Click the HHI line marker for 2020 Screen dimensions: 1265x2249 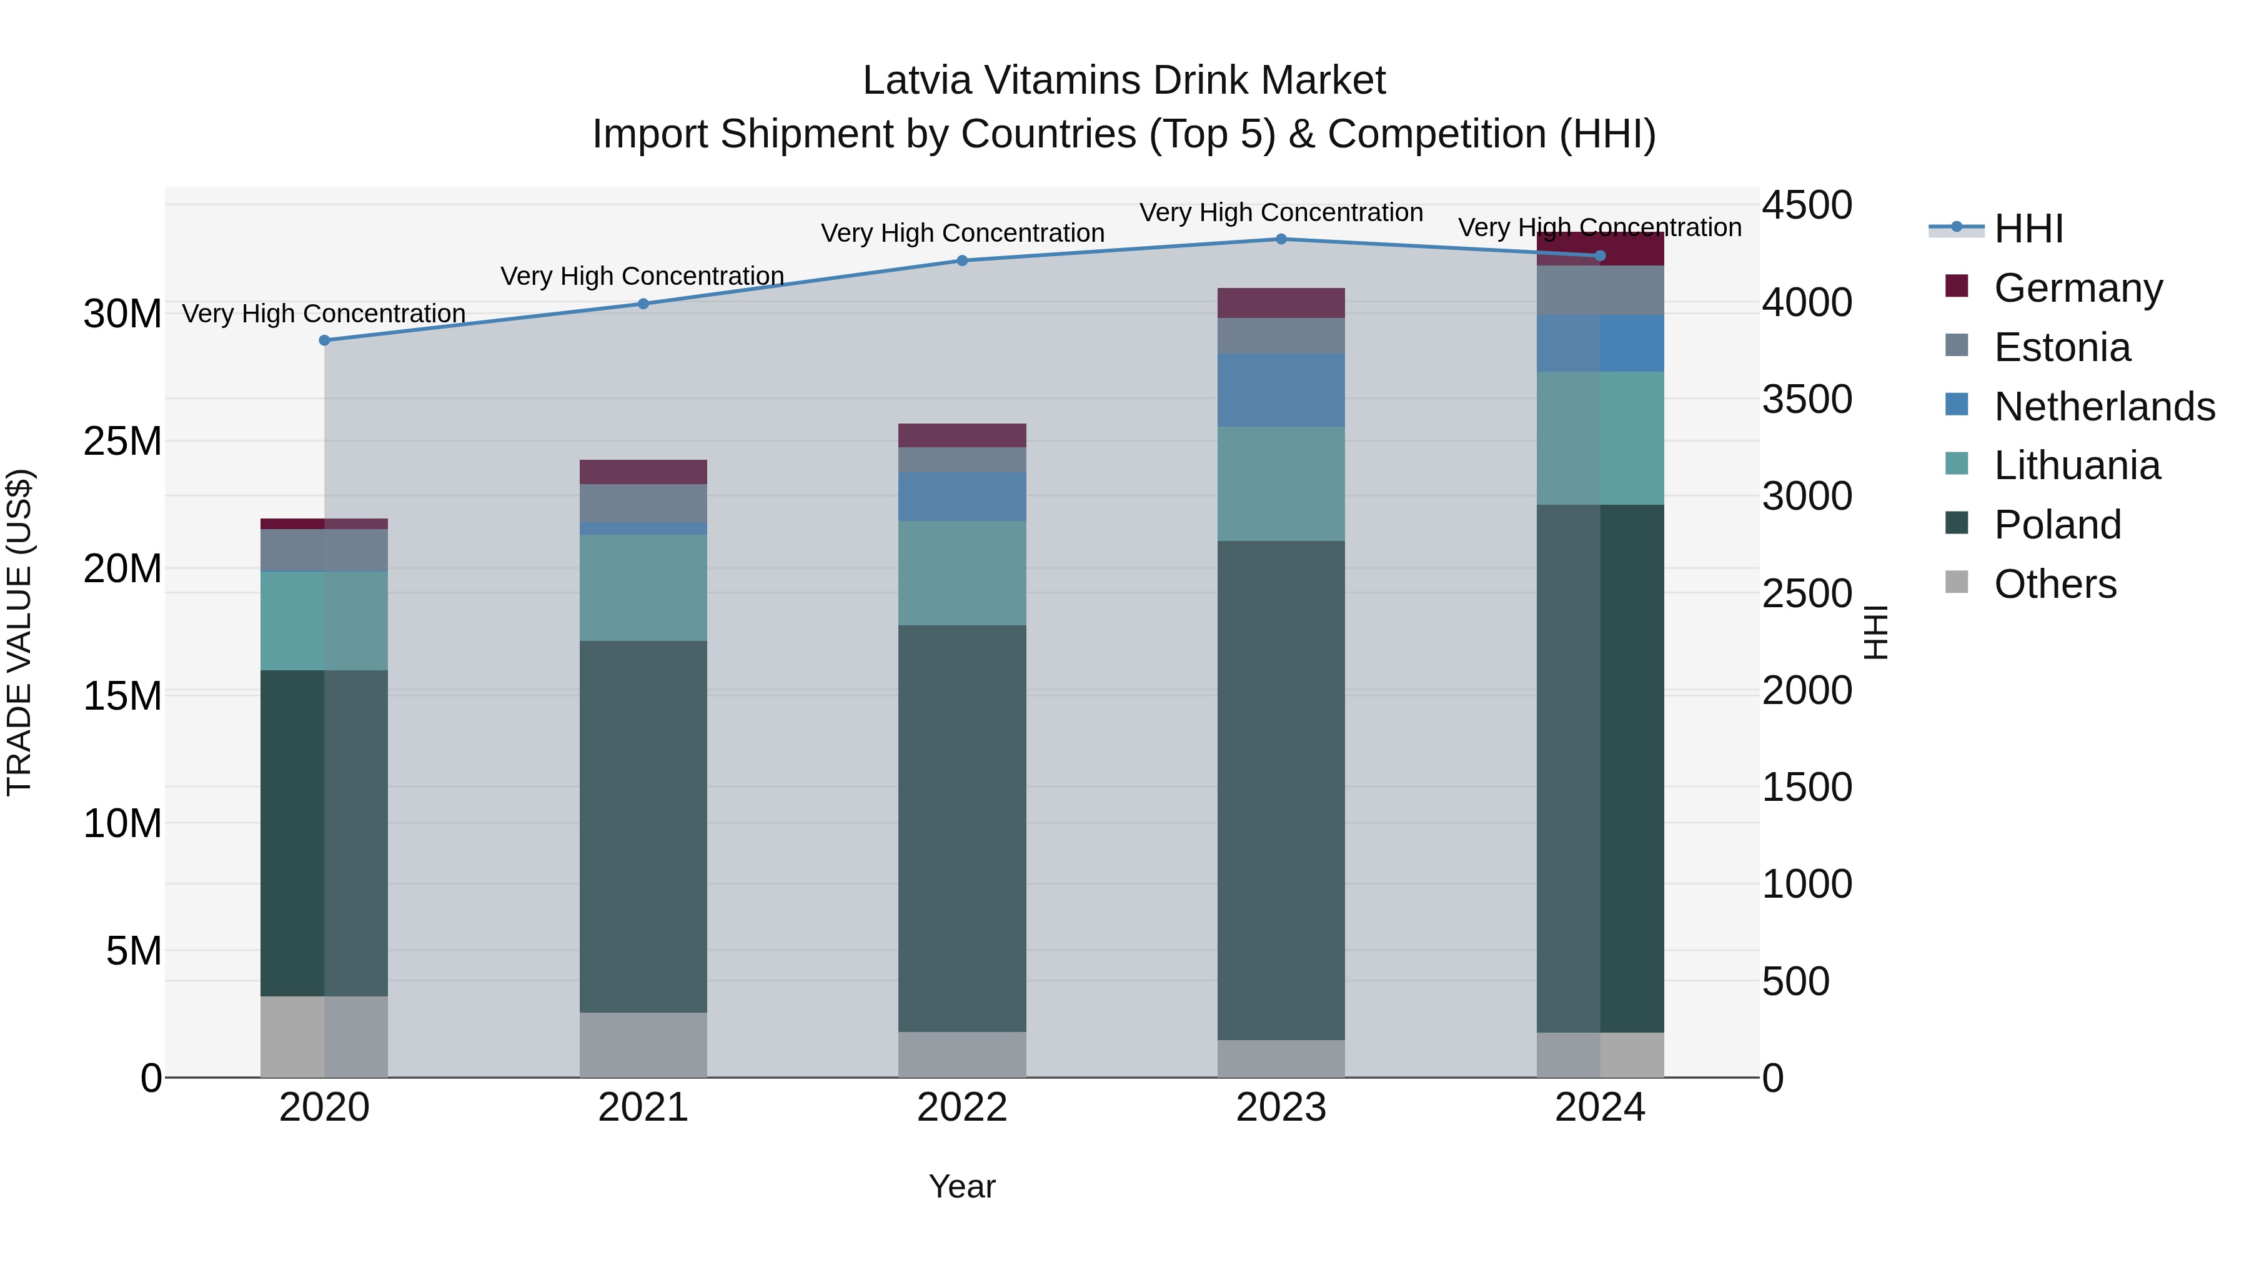coord(324,340)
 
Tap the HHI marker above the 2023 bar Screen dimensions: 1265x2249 coord(1281,239)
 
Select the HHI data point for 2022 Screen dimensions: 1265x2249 coord(962,260)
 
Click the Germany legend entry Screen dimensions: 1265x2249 coord(2077,288)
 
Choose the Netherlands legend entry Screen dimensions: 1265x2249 coord(2103,407)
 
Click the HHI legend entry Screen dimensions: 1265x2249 coord(2027,229)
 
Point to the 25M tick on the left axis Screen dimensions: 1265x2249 coord(122,442)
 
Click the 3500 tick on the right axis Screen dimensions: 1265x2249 coord(1806,400)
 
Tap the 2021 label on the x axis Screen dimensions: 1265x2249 coord(643,1108)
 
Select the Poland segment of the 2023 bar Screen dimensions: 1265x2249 coord(1281,790)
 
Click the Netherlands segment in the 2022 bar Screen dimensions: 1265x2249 coord(962,497)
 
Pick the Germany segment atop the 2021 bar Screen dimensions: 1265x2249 coord(643,472)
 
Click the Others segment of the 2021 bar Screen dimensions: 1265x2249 coord(643,1045)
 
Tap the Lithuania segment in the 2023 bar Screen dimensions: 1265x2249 coord(1281,484)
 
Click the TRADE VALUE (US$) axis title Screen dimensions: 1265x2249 coord(19,632)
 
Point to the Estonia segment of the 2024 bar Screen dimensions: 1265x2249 coord(1599,290)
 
